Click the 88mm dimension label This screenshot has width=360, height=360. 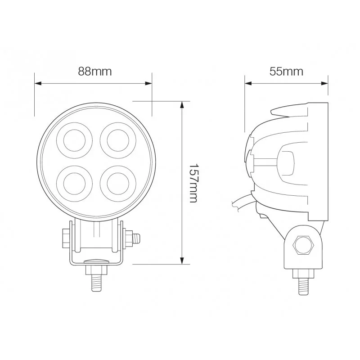click(95, 72)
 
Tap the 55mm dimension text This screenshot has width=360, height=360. click(286, 72)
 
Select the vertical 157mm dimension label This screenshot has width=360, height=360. click(193, 183)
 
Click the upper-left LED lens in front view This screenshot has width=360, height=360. click(74, 140)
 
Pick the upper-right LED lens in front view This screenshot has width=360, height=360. click(118, 140)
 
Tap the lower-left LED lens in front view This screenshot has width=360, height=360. click(74, 184)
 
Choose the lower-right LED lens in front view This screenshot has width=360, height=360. click(118, 184)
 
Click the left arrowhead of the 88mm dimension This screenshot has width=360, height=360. click(38, 83)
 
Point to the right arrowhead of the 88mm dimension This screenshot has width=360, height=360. click(148, 83)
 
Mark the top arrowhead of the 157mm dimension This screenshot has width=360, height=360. click(182, 105)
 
